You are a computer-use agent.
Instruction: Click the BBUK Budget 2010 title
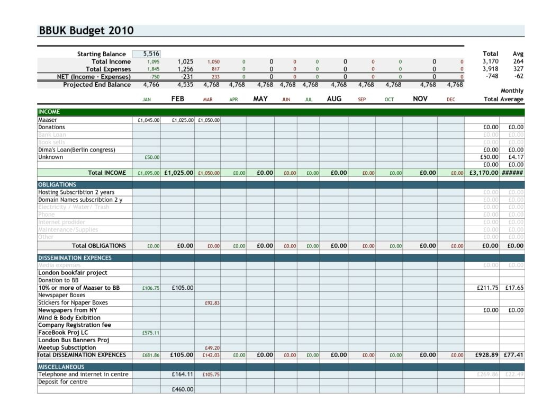click(86, 31)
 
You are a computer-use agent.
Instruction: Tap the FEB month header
click(177, 99)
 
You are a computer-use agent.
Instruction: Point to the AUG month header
click(334, 99)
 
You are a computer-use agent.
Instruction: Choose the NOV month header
click(420, 99)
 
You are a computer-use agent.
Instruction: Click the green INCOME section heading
click(49, 112)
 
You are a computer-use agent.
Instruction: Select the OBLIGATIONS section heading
click(57, 185)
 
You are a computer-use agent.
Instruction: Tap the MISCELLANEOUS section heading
click(61, 367)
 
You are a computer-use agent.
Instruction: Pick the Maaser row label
click(48, 120)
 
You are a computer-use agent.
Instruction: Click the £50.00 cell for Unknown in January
click(152, 157)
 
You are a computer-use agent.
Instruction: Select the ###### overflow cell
click(512, 173)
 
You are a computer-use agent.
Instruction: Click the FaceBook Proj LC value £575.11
click(151, 333)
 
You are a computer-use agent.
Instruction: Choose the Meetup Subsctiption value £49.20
click(212, 348)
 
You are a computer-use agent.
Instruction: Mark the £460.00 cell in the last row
click(183, 389)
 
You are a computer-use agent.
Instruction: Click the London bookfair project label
click(73, 273)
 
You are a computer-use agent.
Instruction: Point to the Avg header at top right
click(518, 54)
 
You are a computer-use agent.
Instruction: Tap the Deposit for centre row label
click(62, 382)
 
